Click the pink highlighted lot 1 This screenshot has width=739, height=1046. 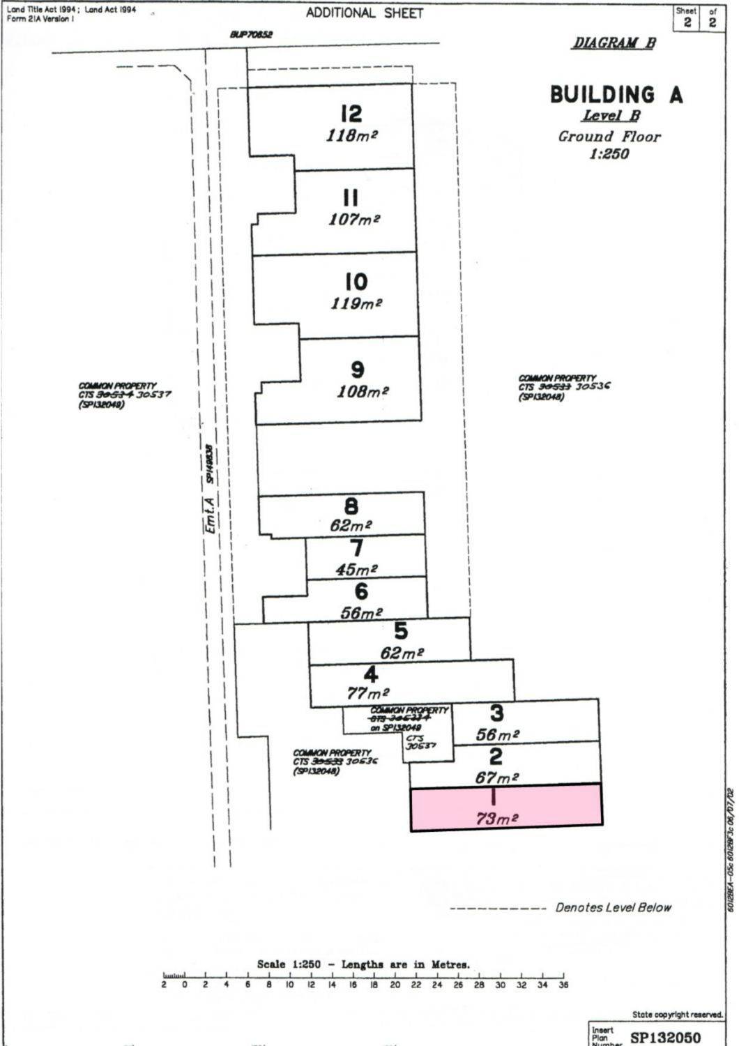point(506,807)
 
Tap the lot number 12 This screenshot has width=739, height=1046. point(351,114)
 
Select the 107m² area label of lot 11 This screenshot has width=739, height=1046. point(353,219)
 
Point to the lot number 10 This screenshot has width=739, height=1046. point(356,282)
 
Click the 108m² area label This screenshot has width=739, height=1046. point(363,391)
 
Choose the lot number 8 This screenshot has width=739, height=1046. point(351,506)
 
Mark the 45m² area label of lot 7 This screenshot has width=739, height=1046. point(356,569)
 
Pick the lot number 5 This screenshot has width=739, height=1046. point(401,631)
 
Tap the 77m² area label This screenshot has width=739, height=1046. point(367,693)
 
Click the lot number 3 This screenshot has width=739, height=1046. point(497,713)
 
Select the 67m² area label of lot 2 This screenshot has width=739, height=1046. point(497,778)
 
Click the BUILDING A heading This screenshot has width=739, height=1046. point(616,95)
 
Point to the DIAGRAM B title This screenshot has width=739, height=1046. point(614,43)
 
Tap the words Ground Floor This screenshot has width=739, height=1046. point(609,136)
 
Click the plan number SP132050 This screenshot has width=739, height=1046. point(665,1038)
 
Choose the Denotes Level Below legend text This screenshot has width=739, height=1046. point(614,907)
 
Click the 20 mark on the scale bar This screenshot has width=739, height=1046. point(395,985)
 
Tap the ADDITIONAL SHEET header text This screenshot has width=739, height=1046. point(364,13)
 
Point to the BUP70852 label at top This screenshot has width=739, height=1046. point(251,34)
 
